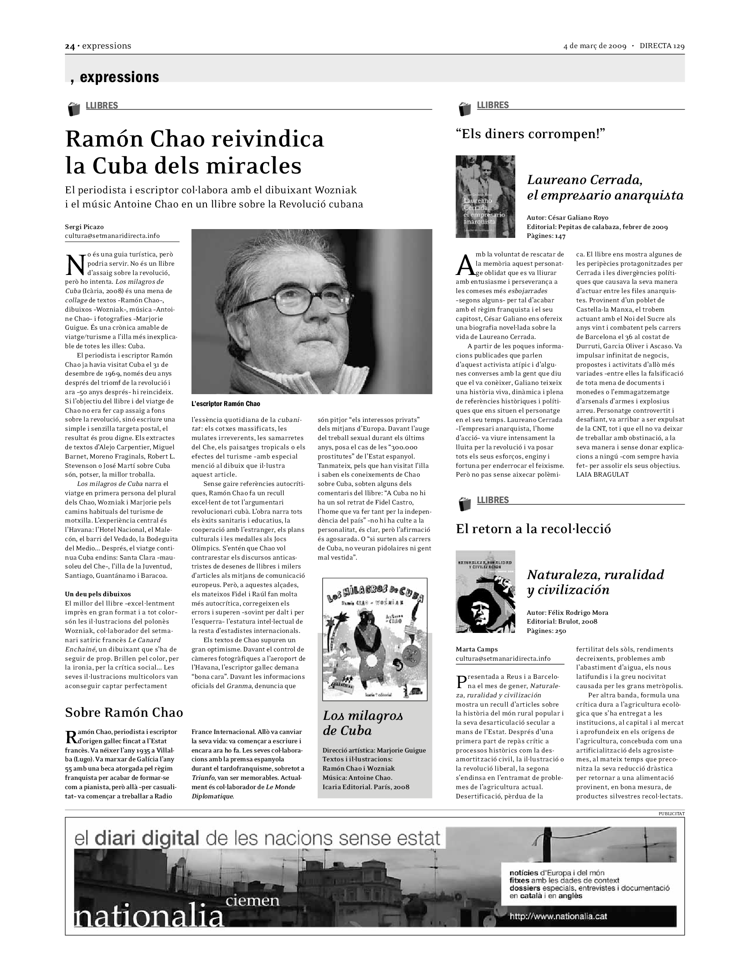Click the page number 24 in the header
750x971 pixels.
[69, 46]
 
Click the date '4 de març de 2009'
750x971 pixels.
[595, 46]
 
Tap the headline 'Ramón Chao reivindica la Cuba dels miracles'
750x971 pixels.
[195, 152]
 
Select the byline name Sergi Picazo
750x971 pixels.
[84, 227]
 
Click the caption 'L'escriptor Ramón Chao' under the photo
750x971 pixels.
[226, 404]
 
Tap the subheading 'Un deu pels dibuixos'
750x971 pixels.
[98, 594]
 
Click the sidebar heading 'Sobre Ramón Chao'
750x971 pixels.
[124, 713]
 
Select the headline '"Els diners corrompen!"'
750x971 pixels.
[531, 134]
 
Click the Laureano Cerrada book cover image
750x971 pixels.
[485, 196]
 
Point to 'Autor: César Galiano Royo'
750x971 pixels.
[567, 218]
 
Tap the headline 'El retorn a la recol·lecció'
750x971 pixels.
[533, 529]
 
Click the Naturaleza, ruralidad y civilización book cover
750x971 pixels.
[485, 591]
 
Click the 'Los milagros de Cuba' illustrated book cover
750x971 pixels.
[375, 639]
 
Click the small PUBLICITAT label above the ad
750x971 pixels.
[671, 813]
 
